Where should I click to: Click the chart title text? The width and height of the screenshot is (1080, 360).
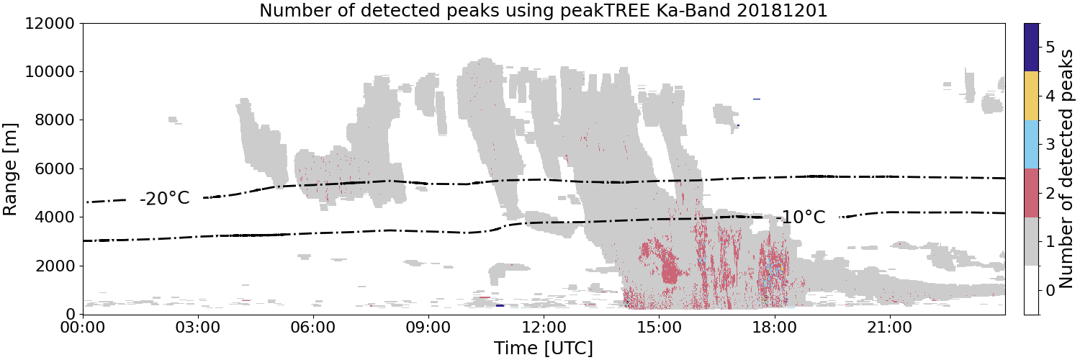click(544, 10)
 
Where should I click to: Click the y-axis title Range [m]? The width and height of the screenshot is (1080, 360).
click(9, 169)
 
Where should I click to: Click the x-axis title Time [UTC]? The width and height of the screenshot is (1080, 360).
click(544, 348)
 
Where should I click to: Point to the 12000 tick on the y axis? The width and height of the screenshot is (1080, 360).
click(50, 24)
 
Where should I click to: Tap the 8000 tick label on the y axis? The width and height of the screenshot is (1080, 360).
click(55, 120)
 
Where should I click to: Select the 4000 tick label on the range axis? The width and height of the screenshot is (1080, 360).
click(55, 217)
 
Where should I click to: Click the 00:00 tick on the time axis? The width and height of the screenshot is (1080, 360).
click(84, 328)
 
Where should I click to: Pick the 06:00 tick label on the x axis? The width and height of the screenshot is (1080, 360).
click(313, 328)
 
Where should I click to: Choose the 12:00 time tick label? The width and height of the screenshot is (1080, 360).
click(544, 328)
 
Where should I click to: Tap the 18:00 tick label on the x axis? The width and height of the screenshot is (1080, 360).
click(774, 328)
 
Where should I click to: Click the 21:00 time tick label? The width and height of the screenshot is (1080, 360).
click(889, 328)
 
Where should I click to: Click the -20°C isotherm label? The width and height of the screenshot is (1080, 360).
click(165, 198)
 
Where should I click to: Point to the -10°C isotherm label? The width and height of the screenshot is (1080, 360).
click(801, 217)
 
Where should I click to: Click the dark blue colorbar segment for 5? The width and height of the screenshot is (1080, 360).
click(1031, 48)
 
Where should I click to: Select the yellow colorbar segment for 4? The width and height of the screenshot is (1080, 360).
click(1031, 96)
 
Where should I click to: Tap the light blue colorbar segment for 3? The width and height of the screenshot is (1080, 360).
click(1031, 145)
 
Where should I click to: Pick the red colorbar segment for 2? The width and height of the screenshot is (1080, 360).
click(1031, 193)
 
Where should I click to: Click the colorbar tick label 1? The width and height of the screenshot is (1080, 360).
click(1050, 242)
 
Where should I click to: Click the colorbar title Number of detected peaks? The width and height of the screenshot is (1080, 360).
click(1066, 169)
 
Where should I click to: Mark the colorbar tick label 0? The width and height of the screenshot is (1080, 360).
click(1050, 290)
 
